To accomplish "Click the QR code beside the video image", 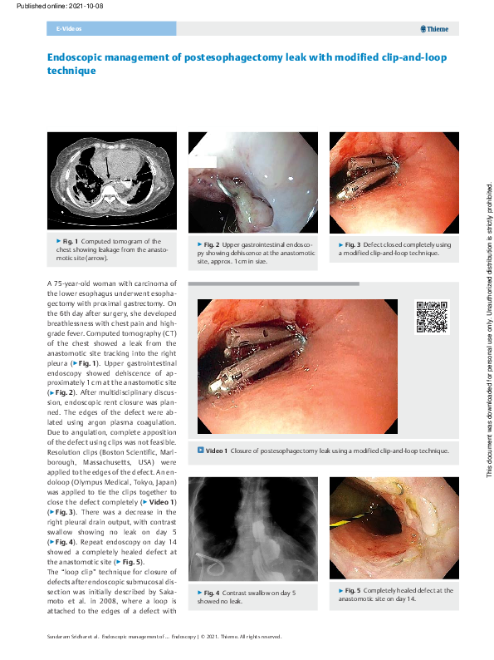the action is coord(431,318).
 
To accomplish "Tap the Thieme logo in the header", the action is coord(434,29).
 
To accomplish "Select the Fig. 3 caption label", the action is coord(349,245).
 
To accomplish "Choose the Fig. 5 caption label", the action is coord(349,590).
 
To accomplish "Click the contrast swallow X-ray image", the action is coord(252,528).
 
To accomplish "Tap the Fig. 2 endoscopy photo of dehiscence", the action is coord(252,183).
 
